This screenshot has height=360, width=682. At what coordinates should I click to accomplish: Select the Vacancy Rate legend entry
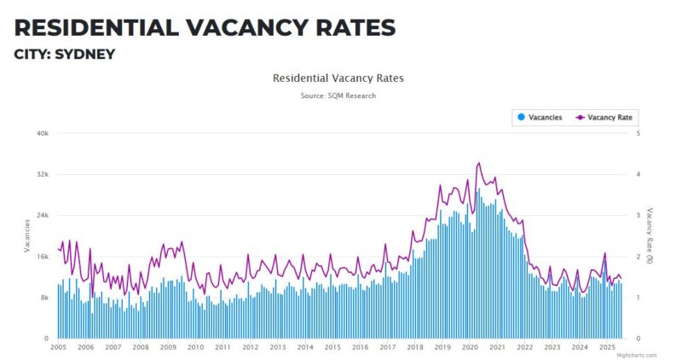606,117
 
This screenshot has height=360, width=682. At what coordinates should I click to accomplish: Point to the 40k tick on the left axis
42,134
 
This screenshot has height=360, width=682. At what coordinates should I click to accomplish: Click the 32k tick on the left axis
42,175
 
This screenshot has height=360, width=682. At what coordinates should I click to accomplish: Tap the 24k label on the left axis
42,216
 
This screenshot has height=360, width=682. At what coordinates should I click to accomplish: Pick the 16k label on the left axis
42,257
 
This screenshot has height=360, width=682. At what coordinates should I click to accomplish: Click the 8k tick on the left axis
43,298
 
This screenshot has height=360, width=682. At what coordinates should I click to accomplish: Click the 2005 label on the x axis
58,347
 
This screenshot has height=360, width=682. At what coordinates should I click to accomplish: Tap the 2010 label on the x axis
195,347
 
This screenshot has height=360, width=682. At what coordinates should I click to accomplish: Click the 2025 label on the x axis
607,347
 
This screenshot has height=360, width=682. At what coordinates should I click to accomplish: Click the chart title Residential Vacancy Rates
338,78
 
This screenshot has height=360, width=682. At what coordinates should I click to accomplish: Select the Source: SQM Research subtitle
338,96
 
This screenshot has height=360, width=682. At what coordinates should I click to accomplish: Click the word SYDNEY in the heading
84,54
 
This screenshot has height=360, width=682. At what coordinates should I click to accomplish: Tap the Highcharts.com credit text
637,355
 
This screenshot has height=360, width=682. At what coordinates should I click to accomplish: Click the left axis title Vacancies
27,235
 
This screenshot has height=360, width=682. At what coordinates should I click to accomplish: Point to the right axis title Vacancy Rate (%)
650,235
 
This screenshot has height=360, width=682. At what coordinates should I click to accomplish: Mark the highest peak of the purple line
479,162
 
